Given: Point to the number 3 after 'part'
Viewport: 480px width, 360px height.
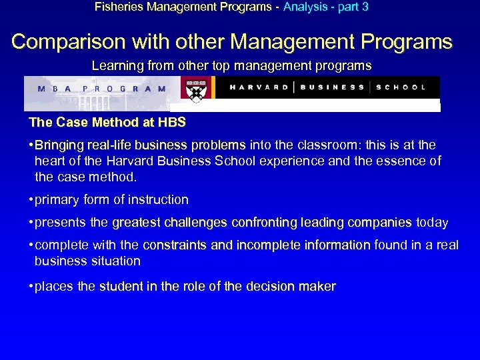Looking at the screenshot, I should pos(365,7).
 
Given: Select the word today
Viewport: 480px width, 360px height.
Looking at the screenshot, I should pos(432,223).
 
